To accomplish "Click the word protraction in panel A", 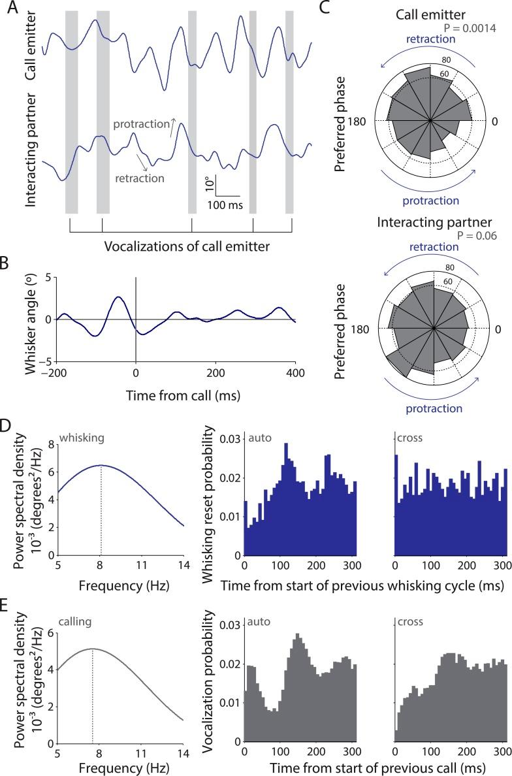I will pyautogui.click(x=140, y=124).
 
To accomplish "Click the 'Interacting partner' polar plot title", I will pyautogui.click(x=434, y=223).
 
